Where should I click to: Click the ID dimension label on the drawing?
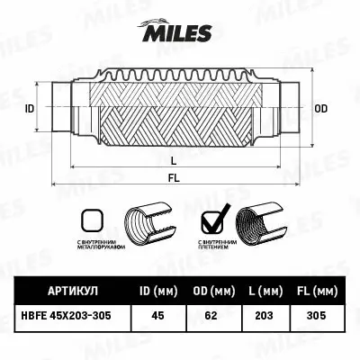coord(30,108)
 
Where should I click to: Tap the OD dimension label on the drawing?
coord(321,108)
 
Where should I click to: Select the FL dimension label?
coord(173,176)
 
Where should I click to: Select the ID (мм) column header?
coord(157,292)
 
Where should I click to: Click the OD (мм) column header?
coord(212,292)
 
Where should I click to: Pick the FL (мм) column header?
coord(316,292)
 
